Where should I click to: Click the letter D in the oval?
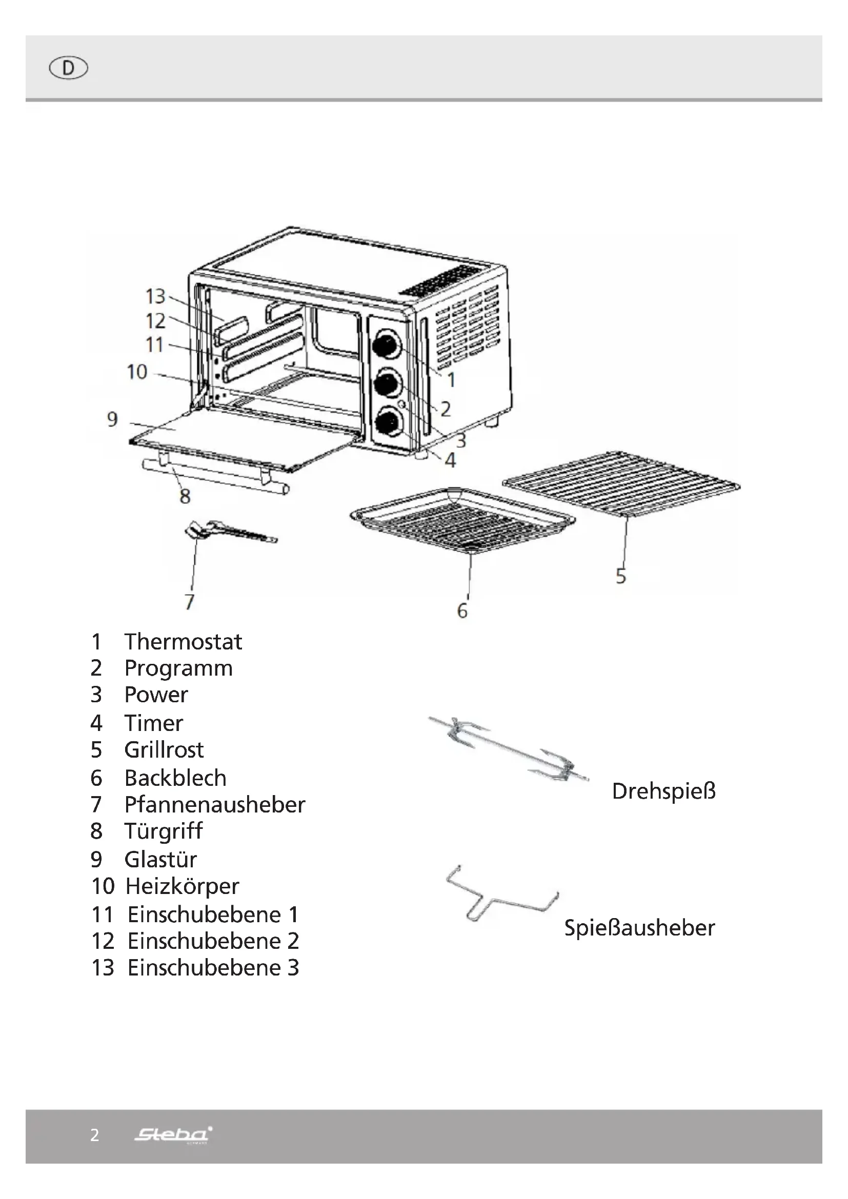[68, 68]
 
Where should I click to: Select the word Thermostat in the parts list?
[183, 641]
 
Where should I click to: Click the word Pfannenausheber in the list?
[214, 804]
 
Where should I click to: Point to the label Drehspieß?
[663, 791]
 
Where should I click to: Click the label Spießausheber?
[639, 927]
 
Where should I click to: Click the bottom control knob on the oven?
[389, 422]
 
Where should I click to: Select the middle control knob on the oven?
[387, 384]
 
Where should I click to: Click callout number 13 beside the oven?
[155, 297]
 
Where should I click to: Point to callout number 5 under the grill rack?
[620, 576]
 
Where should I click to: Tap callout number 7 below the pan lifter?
[190, 602]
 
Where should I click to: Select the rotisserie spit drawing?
[509, 749]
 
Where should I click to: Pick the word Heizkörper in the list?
[181, 886]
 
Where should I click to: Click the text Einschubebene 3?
[213, 967]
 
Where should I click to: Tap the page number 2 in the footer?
[94, 1135]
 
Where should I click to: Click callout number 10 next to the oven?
[137, 372]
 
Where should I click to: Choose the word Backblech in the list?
[175, 778]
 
